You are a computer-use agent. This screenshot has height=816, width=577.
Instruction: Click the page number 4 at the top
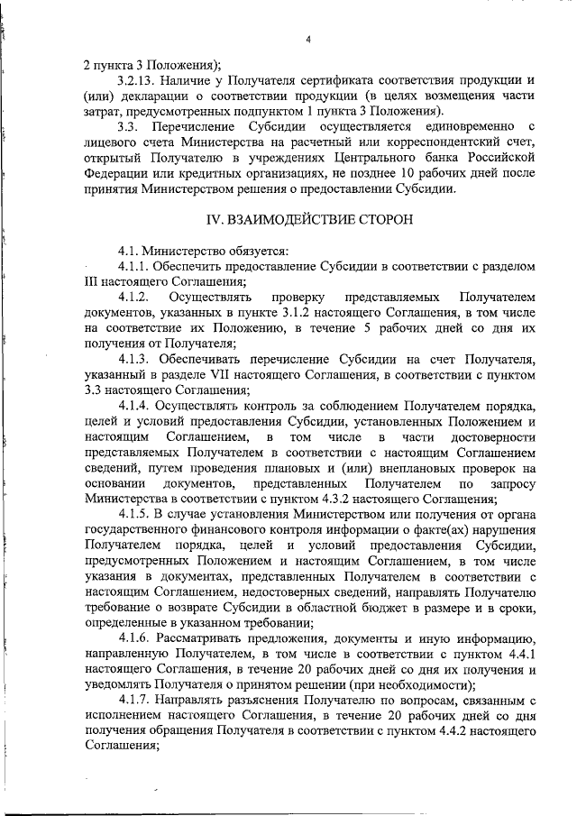(308, 39)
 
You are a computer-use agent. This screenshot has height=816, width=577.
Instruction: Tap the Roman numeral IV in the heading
(217, 221)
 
